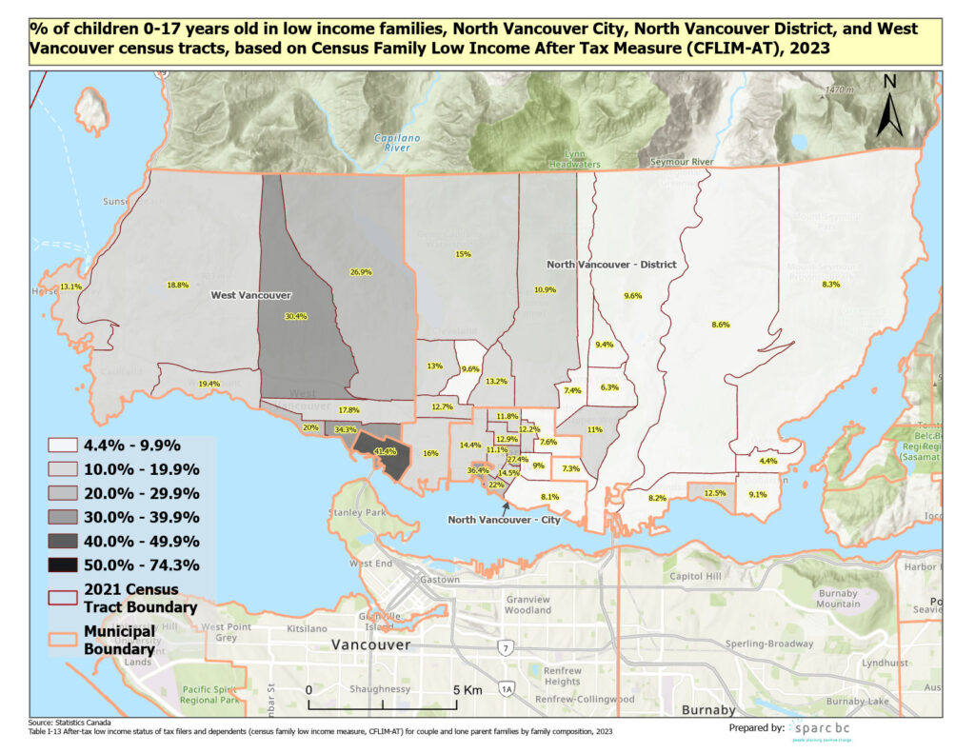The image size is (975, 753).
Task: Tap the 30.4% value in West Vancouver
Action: click(296, 316)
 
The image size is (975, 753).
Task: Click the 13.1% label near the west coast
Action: click(70, 287)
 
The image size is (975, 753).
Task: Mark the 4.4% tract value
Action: click(768, 461)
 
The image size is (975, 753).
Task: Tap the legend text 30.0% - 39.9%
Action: click(141, 518)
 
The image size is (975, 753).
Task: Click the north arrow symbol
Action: click(889, 107)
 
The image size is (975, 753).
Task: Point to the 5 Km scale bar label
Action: click(466, 689)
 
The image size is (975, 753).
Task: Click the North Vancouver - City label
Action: click(504, 520)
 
